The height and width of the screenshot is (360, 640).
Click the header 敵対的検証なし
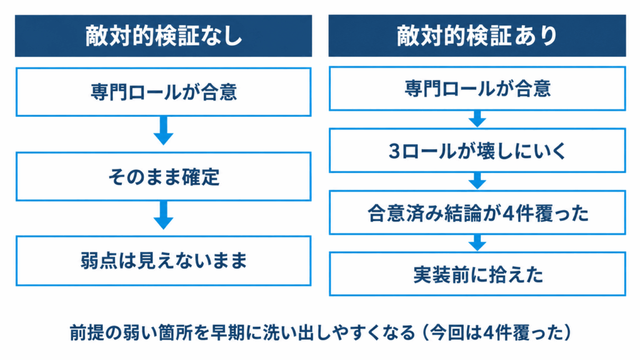click(163, 36)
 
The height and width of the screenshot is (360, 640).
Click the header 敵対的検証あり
click(477, 36)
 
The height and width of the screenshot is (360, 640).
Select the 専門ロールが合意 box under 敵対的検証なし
click(163, 92)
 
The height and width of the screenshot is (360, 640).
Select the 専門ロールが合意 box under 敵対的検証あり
click(477, 89)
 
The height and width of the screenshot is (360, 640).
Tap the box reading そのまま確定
click(163, 176)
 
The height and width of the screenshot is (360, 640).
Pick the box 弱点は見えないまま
click(163, 261)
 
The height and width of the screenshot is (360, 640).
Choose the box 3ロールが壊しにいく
click(477, 151)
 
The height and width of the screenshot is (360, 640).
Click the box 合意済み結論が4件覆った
click(477, 212)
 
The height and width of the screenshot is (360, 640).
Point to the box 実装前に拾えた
click(477, 274)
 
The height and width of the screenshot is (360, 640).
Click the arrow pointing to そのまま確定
click(163, 131)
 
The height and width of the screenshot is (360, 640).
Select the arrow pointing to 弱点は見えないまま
click(163, 215)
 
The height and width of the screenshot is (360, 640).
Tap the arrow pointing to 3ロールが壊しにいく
click(477, 119)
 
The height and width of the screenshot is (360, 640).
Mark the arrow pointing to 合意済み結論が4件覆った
click(477, 181)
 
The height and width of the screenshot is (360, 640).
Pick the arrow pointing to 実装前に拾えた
click(477, 243)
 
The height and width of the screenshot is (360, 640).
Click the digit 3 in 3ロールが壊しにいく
click(394, 151)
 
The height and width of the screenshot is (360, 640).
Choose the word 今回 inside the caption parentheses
click(446, 332)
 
